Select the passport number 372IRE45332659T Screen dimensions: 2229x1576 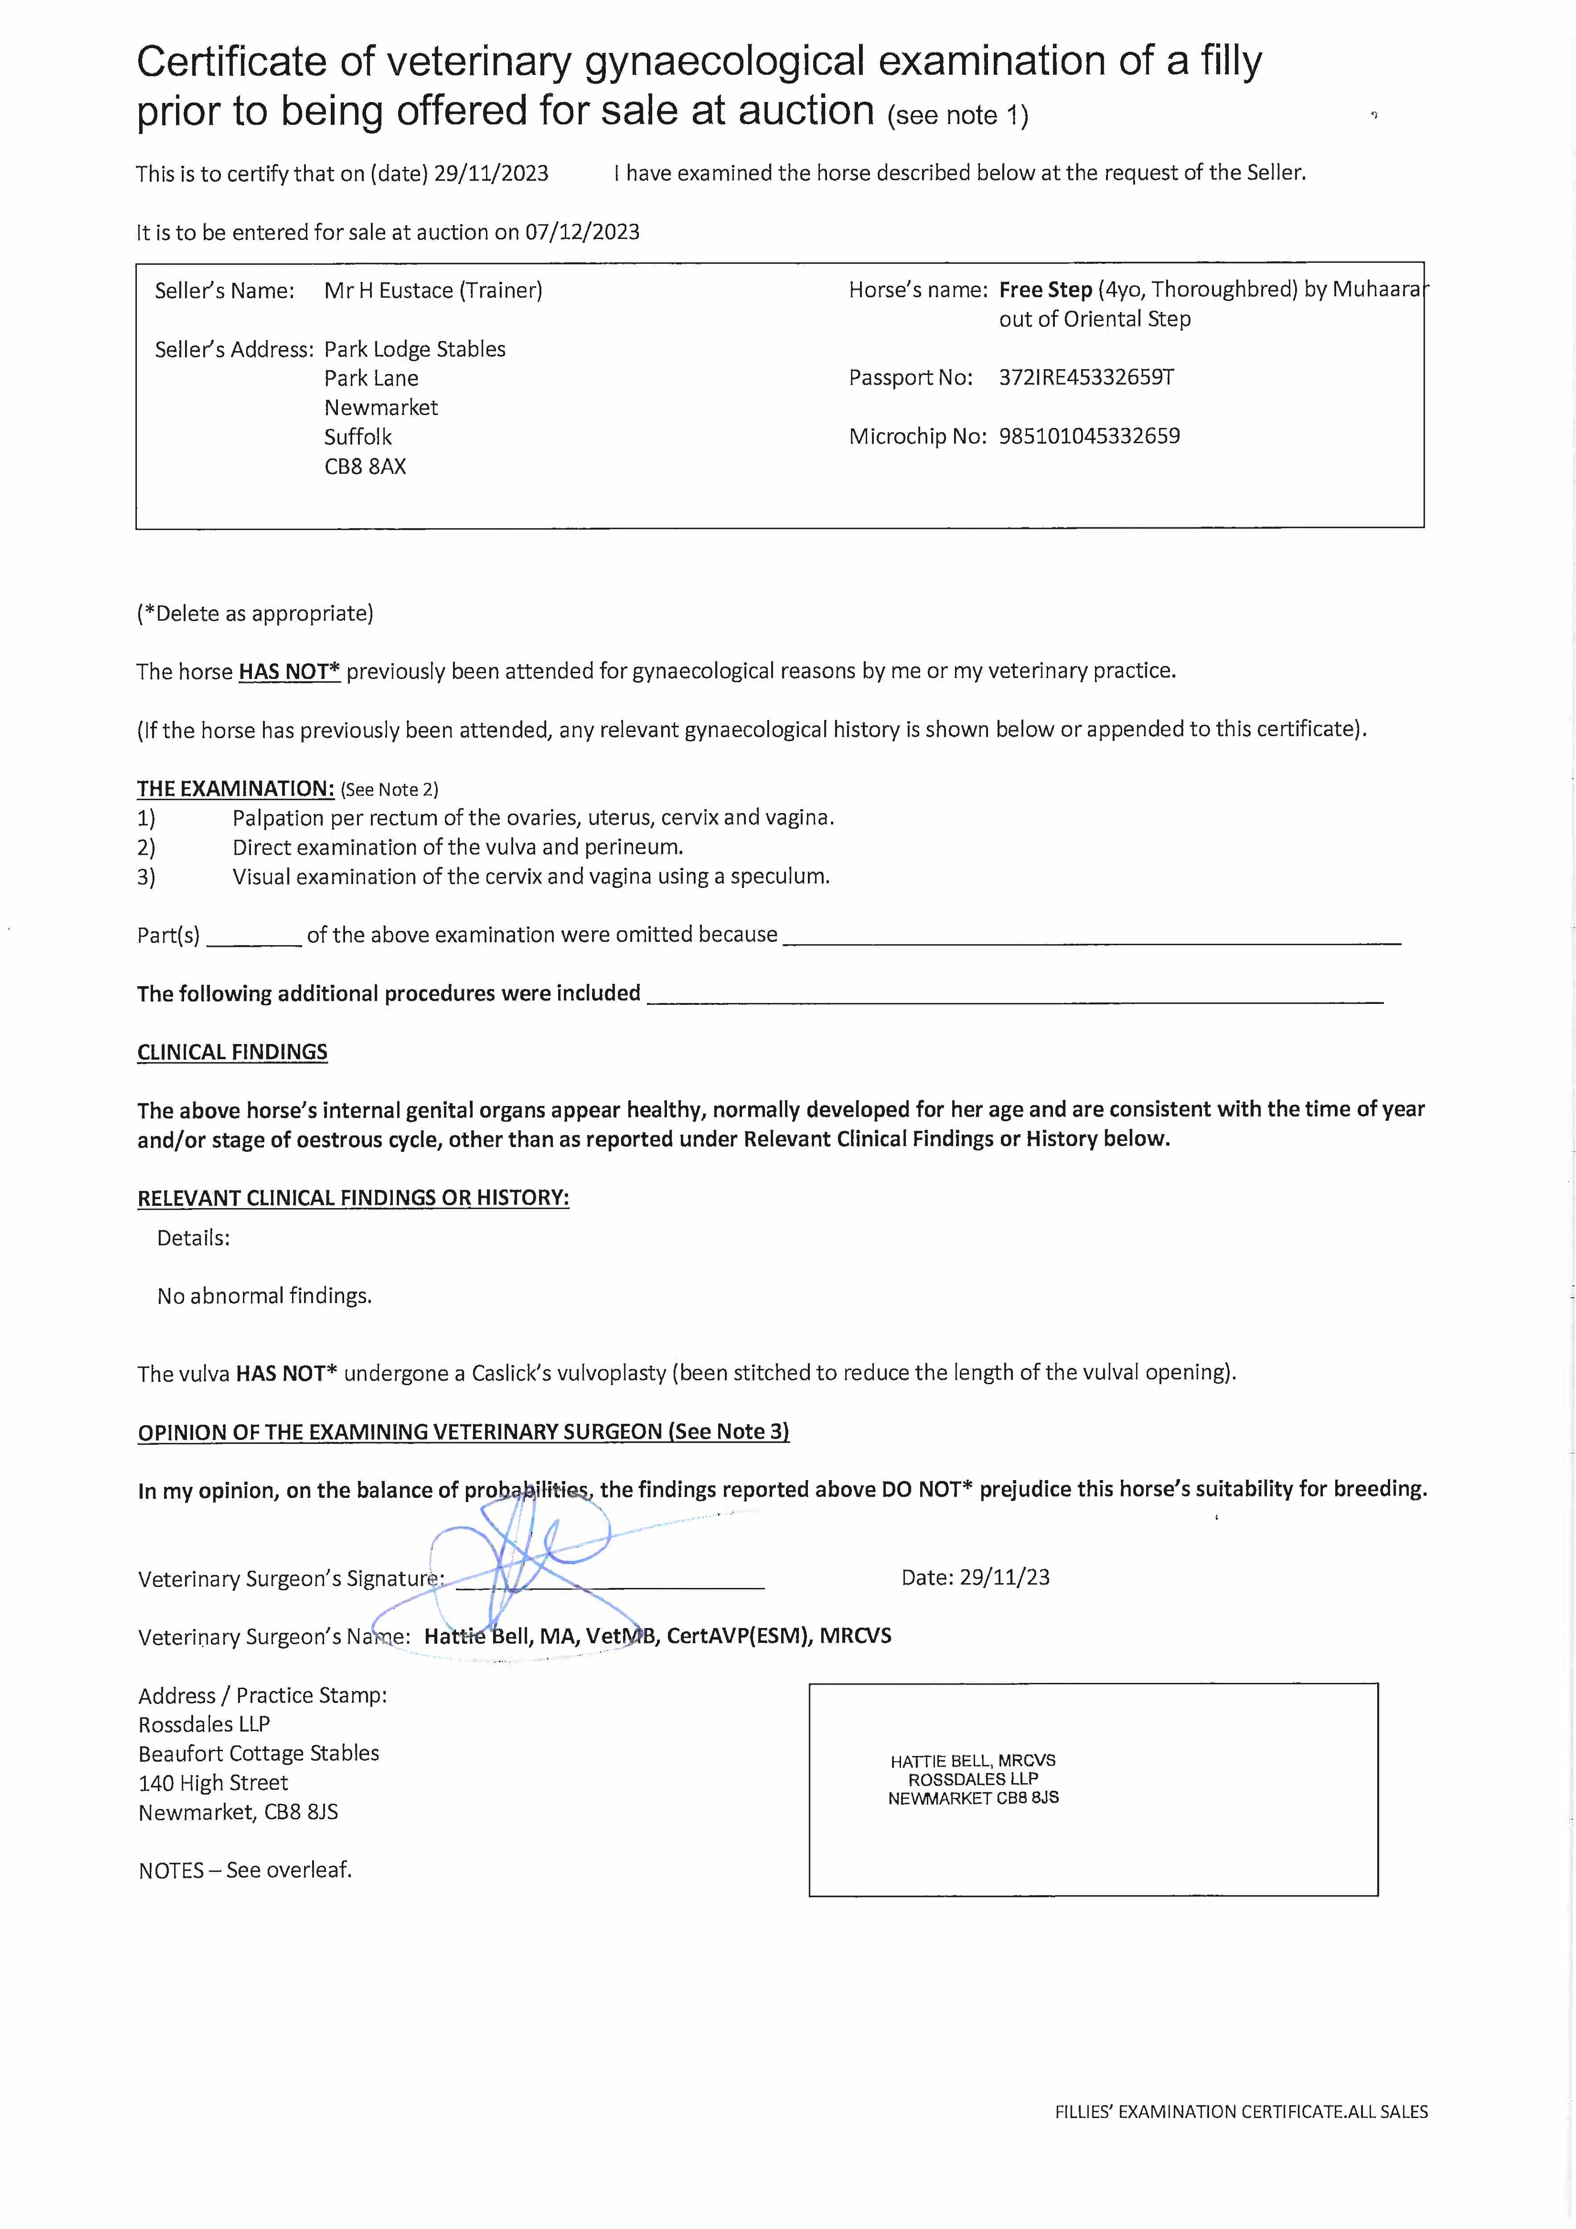(x=1086, y=378)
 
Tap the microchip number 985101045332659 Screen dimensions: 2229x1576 (x=1089, y=436)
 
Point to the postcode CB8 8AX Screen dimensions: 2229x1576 (x=365, y=466)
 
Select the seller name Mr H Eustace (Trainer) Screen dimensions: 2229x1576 (x=433, y=290)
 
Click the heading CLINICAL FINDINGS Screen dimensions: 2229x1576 (x=232, y=1053)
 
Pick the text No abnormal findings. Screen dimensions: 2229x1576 (x=264, y=1296)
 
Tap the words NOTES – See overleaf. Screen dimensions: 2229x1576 (x=245, y=1870)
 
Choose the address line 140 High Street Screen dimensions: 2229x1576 (x=213, y=1782)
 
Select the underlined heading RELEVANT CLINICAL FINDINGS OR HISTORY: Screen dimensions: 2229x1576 (x=353, y=1198)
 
